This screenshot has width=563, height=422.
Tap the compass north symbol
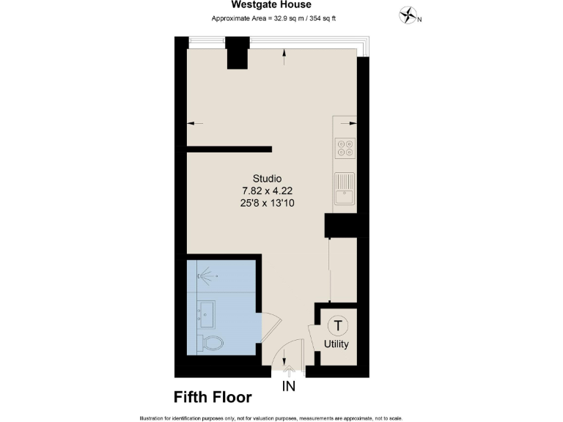pyautogui.click(x=408, y=14)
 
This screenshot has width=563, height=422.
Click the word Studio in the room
pyautogui.click(x=267, y=179)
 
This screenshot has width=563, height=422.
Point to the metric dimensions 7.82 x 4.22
pyautogui.click(x=267, y=190)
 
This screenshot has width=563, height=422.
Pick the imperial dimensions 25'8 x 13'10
pyautogui.click(x=267, y=203)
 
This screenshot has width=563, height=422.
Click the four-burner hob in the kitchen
pyautogui.click(x=345, y=149)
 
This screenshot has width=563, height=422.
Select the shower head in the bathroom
pyautogui.click(x=205, y=275)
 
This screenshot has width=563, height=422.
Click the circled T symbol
pyautogui.click(x=337, y=325)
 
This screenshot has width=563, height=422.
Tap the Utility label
pyautogui.click(x=336, y=344)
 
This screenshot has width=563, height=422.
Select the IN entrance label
pyautogui.click(x=289, y=386)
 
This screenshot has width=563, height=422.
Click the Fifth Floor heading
pyautogui.click(x=213, y=398)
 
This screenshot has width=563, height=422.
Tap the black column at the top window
pyautogui.click(x=238, y=53)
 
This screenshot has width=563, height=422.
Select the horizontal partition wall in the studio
pyautogui.click(x=228, y=149)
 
